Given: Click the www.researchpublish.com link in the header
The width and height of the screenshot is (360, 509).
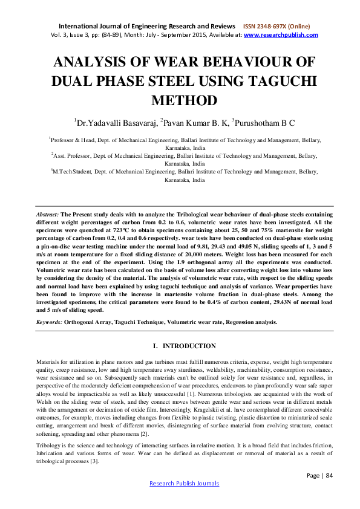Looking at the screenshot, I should pyautogui.click(x=281, y=35).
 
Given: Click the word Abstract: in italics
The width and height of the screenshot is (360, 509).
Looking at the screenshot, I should pyautogui.click(x=48, y=215).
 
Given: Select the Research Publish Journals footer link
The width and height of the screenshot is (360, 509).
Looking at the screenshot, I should pyautogui.click(x=180, y=501).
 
